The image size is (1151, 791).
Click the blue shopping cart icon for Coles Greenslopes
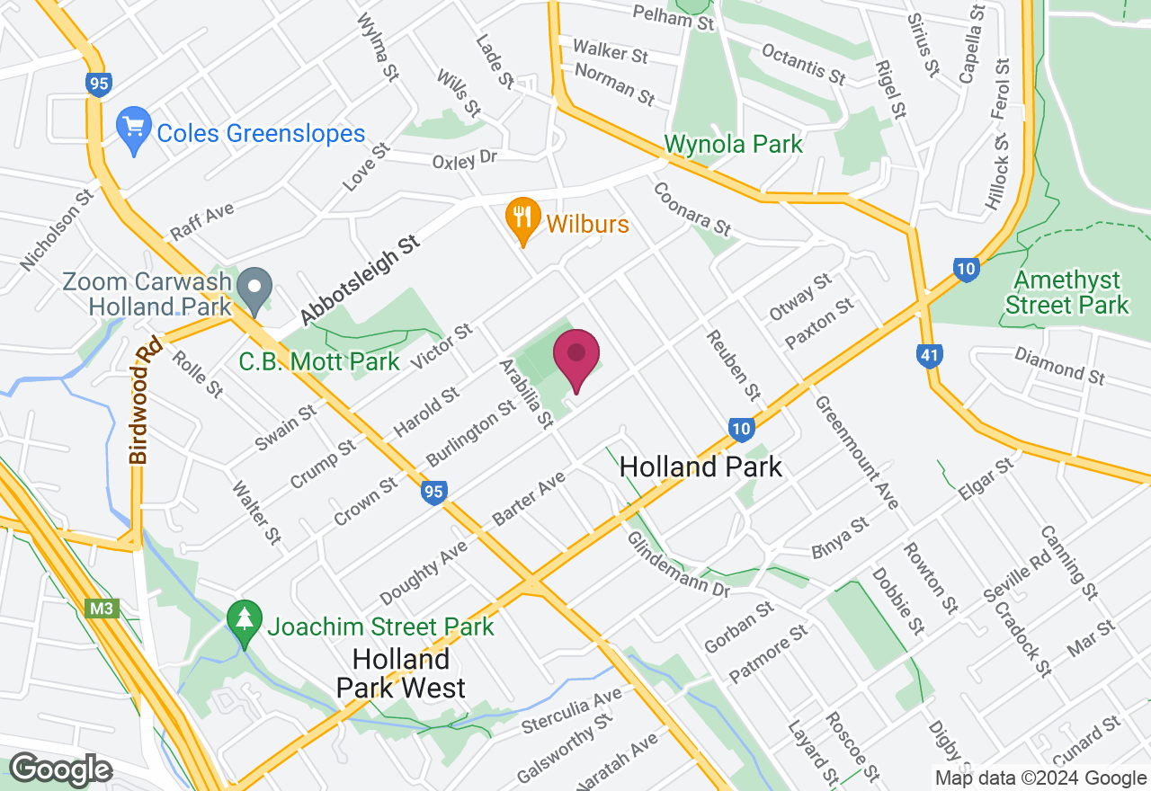(x=134, y=132)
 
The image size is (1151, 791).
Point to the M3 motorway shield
(x=101, y=609)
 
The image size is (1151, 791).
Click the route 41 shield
(x=929, y=356)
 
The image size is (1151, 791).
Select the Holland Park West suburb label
(x=400, y=673)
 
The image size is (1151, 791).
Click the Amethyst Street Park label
(x=1066, y=293)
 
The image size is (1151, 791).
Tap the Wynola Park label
(x=733, y=144)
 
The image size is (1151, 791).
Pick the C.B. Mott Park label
(x=319, y=362)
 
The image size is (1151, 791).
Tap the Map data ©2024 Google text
(x=1040, y=778)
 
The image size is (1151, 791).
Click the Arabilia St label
(x=525, y=393)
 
